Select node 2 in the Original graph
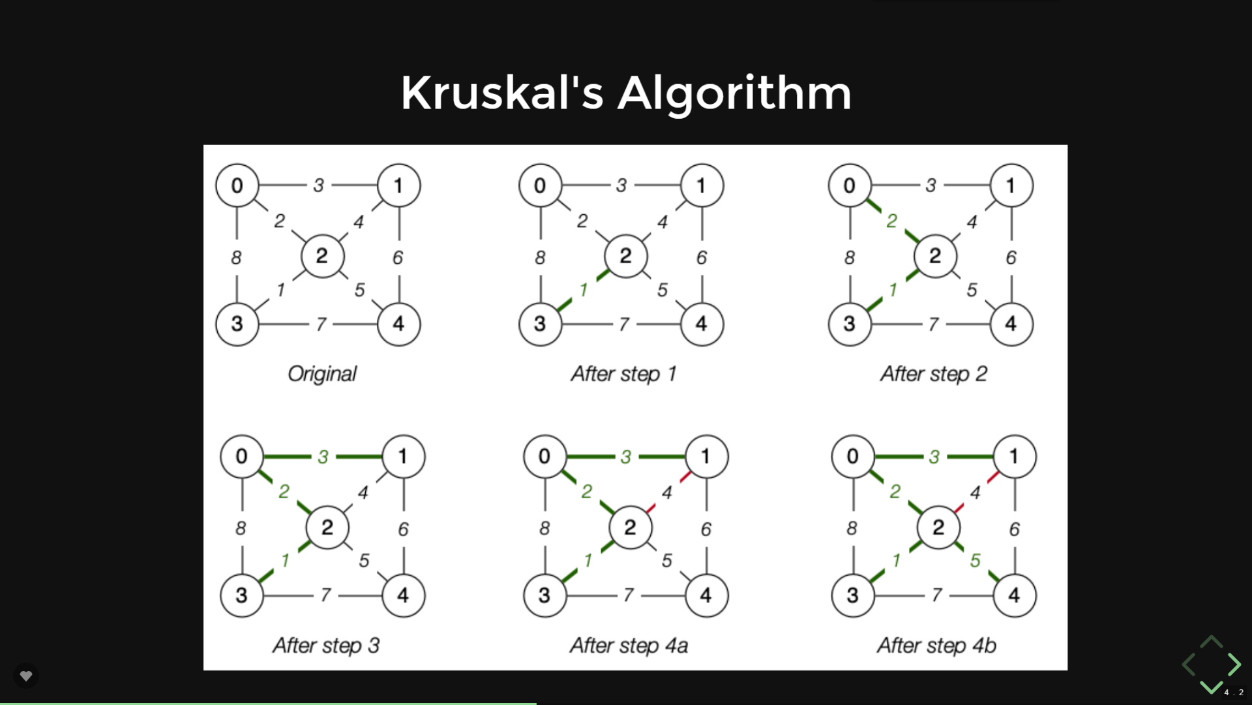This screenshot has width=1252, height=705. (x=322, y=256)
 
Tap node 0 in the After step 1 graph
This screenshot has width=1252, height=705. (x=540, y=185)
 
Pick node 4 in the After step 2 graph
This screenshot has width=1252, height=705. (x=1011, y=324)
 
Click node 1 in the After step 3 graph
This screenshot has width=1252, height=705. (x=403, y=456)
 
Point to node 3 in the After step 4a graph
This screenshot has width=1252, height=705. (x=544, y=595)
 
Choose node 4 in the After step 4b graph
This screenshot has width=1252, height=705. (x=1014, y=595)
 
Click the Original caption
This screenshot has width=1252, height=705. (x=322, y=374)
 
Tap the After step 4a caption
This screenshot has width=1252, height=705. (x=629, y=646)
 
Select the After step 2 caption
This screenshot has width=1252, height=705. (x=934, y=374)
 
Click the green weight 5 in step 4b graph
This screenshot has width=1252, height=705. (x=975, y=560)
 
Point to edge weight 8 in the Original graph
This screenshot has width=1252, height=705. (x=236, y=258)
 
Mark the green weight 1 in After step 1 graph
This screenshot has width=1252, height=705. (x=584, y=289)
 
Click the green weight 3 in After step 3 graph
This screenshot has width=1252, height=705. (x=323, y=457)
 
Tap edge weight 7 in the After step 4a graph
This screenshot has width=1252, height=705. (x=628, y=595)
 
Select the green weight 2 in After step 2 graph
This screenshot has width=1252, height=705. (x=891, y=221)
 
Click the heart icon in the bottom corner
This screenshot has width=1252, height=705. (x=26, y=676)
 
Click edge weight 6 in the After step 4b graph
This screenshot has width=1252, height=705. (x=1014, y=529)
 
